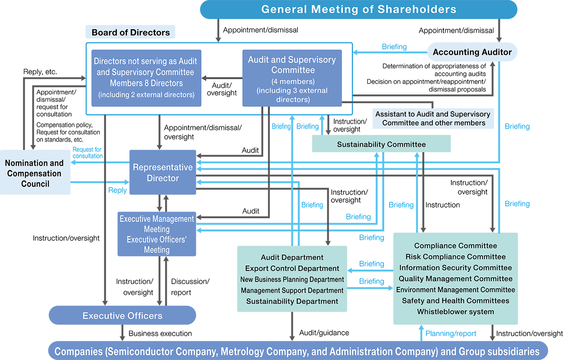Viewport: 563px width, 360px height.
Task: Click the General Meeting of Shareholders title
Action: tap(359, 9)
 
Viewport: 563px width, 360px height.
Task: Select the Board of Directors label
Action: tap(131, 33)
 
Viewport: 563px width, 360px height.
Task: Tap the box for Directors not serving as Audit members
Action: tap(145, 78)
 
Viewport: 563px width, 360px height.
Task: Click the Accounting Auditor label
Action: tap(472, 52)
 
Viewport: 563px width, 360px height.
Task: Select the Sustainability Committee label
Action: tap(381, 144)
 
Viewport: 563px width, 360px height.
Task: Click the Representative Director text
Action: tap(162, 173)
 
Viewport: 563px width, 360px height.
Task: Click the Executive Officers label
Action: tap(122, 316)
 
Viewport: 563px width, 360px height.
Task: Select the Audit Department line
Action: tap(292, 257)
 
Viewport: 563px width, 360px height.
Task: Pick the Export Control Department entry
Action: tap(292, 268)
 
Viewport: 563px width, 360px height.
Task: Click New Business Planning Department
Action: tap(292, 280)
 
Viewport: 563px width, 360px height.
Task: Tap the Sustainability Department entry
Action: tap(292, 301)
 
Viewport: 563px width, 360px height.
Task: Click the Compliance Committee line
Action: tap(455, 246)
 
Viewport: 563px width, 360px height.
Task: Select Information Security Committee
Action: tap(455, 268)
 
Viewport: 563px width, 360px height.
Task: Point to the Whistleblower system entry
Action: tap(455, 312)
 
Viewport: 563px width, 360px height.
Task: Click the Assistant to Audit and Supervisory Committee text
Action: tap(433, 118)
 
